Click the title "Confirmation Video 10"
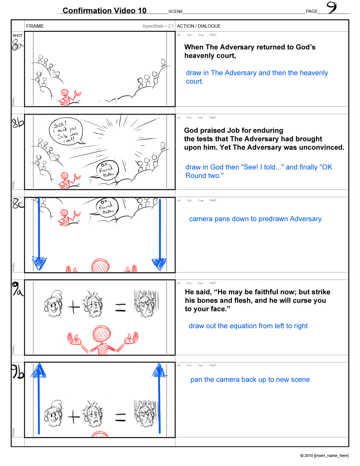104,10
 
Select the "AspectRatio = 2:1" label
158,26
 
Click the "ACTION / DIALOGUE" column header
199,26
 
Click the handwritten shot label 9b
18,371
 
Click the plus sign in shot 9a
73,307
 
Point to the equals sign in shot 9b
121,417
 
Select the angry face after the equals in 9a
146,303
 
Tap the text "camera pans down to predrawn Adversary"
255,219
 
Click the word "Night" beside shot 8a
213,34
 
